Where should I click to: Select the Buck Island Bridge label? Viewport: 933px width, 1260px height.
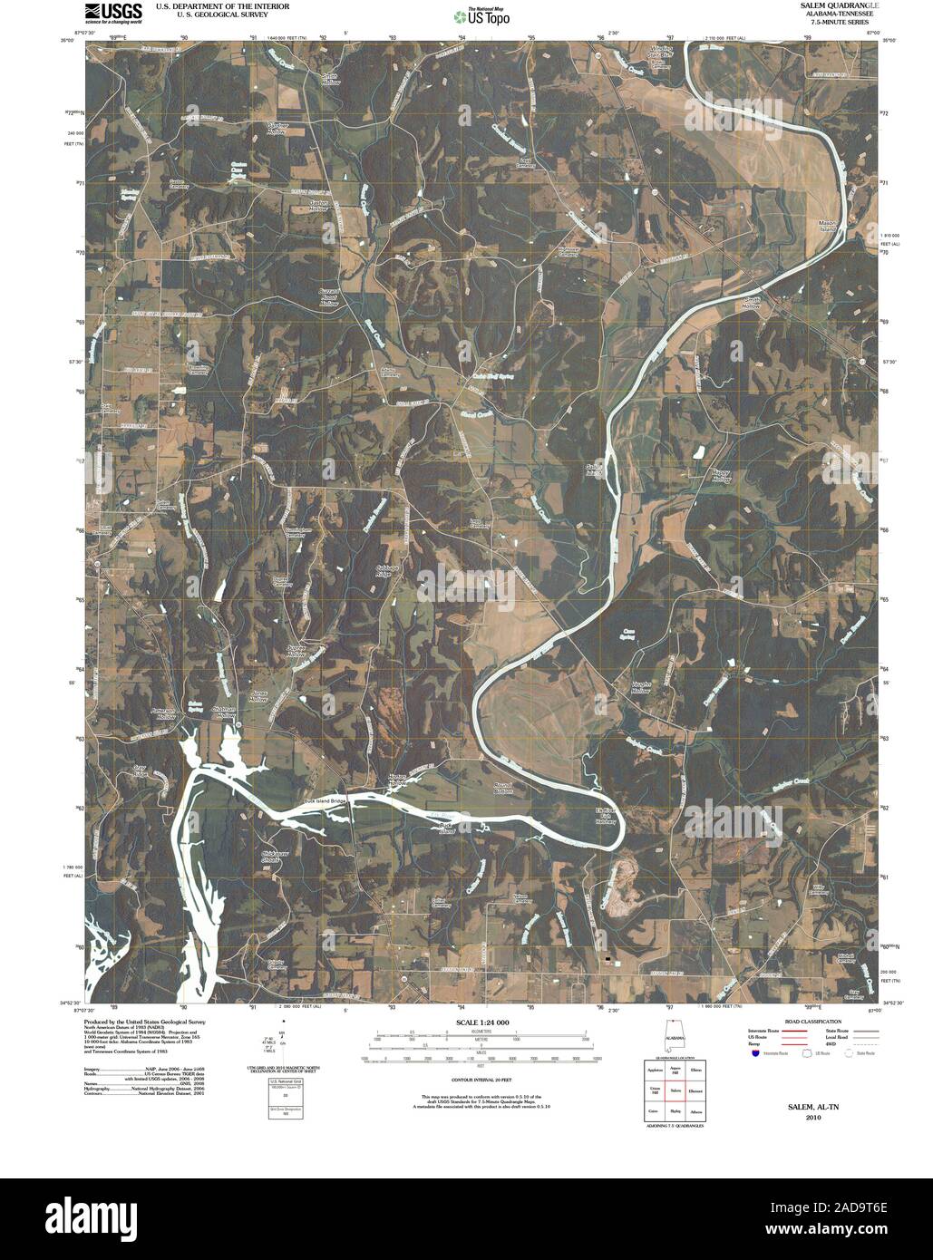point(326,802)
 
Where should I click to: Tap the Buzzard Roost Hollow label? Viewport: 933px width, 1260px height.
point(329,298)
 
